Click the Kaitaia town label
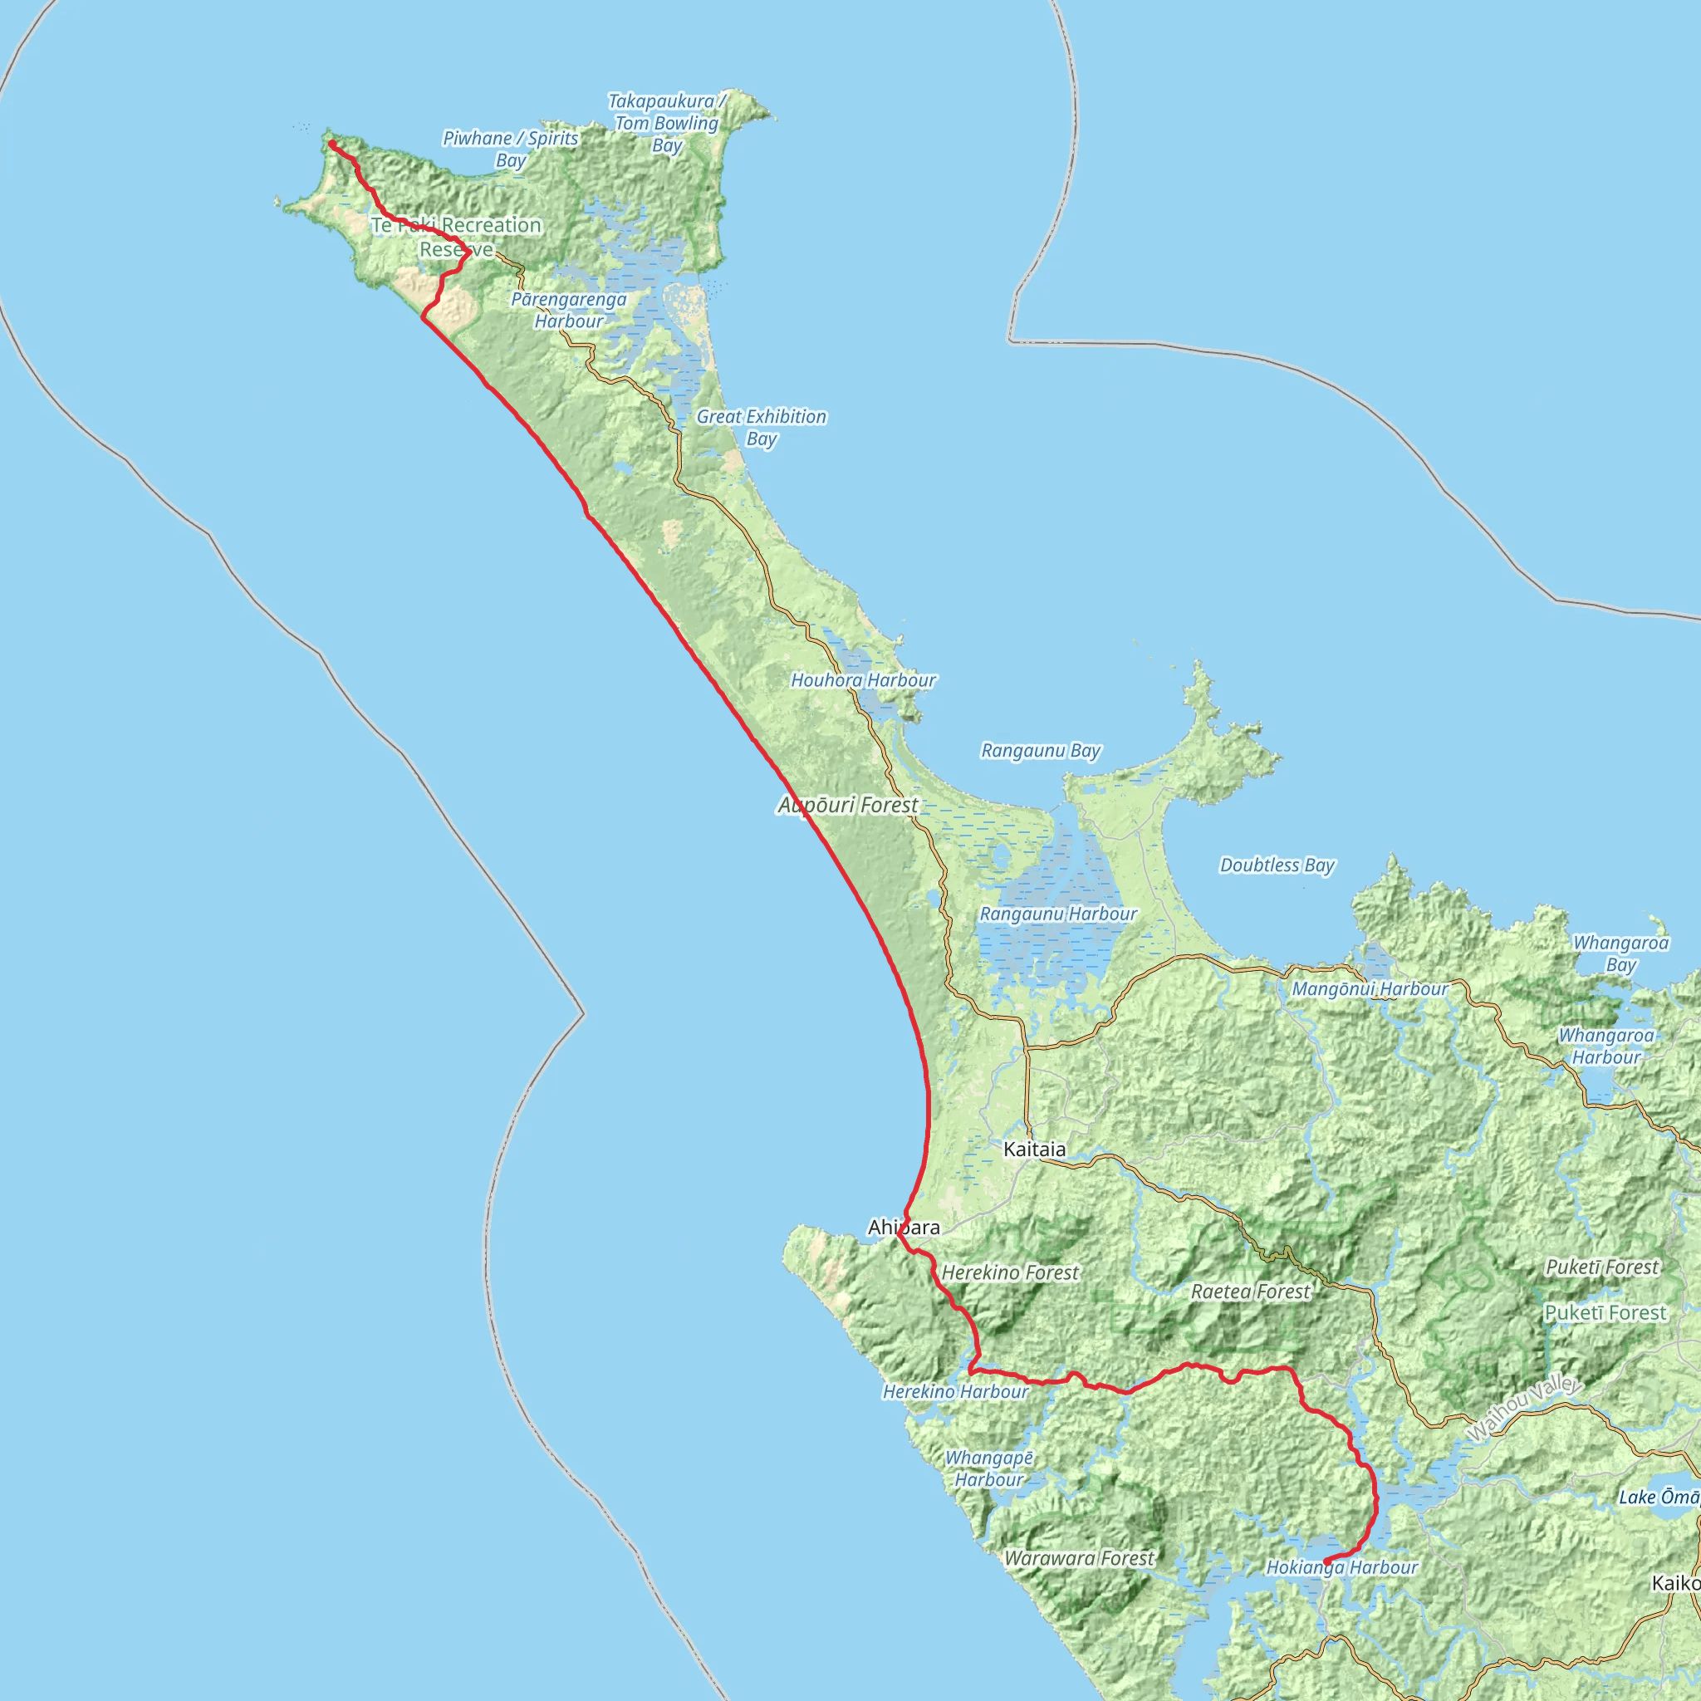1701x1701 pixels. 1035,1149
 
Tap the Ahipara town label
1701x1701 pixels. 904,1228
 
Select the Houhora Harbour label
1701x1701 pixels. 863,680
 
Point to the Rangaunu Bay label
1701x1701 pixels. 1041,751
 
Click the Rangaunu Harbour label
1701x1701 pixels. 1058,914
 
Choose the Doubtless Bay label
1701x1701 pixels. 1277,865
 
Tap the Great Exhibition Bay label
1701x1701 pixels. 762,428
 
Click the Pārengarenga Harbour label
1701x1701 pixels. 569,310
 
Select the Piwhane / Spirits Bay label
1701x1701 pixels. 511,149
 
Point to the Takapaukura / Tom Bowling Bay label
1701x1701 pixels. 666,123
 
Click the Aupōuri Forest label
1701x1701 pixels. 848,805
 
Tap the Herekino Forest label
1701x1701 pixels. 1010,1272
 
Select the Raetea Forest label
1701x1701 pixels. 1250,1292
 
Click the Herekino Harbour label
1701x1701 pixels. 955,1392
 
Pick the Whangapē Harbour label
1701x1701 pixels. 988,1468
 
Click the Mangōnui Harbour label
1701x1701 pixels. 1370,989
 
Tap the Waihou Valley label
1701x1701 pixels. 1523,1409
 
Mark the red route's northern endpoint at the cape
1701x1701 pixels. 332,144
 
